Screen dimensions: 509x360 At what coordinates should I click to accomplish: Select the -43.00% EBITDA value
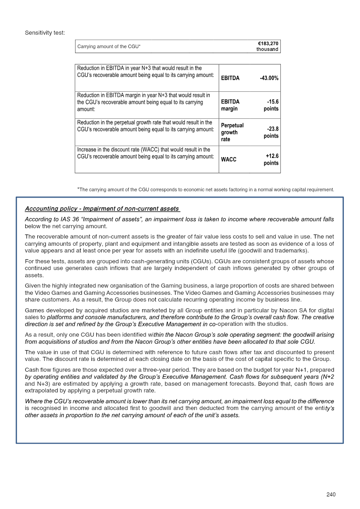269,78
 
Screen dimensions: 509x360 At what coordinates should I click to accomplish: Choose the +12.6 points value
271,160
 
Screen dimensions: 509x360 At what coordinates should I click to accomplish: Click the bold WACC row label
229,160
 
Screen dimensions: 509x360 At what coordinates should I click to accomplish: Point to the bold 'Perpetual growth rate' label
232,132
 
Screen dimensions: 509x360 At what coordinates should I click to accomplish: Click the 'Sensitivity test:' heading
45,32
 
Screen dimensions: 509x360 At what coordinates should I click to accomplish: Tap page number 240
331,495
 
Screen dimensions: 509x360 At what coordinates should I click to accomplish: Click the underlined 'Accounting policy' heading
103,209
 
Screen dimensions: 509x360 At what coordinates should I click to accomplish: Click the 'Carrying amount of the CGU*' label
109,46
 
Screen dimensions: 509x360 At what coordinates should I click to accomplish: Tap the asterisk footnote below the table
206,189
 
